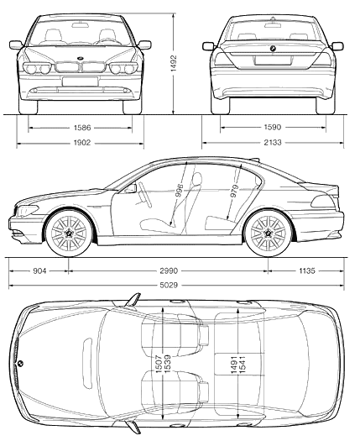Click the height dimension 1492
(174, 63)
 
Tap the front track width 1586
(82, 128)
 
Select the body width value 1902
(82, 143)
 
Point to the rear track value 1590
(273, 128)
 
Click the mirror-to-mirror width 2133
(273, 143)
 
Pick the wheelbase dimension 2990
(169, 270)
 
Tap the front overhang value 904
(39, 270)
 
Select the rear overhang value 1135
(307, 270)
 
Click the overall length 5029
(169, 286)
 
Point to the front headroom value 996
(180, 191)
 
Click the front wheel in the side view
(69, 233)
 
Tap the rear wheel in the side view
(269, 233)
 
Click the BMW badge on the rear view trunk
(273, 49)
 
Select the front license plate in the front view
(80, 81)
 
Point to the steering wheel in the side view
(145, 195)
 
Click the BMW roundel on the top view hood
(20, 364)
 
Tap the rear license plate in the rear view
(273, 60)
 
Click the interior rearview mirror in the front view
(81, 25)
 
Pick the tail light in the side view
(323, 202)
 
